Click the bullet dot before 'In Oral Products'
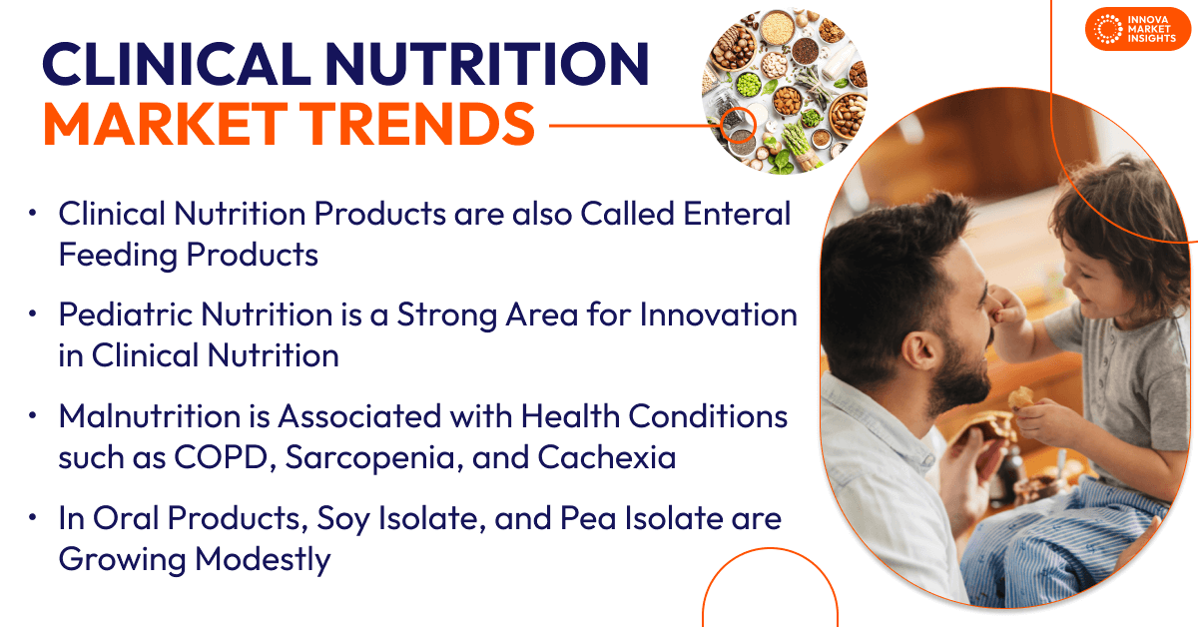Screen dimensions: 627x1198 coord(33,519)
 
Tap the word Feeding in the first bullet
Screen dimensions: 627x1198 coord(116,255)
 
